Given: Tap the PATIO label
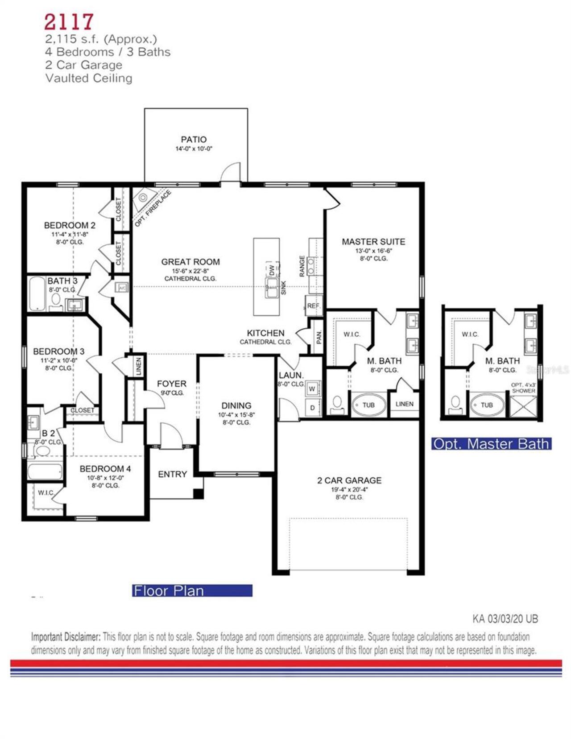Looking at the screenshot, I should click(x=194, y=140).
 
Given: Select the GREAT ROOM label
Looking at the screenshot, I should click(x=190, y=262).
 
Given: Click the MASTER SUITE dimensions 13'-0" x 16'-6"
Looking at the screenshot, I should click(x=373, y=251).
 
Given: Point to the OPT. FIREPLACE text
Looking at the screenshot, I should click(x=153, y=208).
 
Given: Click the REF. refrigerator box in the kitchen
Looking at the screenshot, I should click(x=313, y=306).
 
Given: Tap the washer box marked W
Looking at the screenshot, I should click(x=312, y=389).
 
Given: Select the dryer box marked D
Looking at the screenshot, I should click(x=312, y=408).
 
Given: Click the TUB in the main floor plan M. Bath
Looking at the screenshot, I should click(x=368, y=405).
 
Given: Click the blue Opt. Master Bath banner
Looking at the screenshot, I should click(x=491, y=444).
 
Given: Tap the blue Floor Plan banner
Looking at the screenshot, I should click(x=192, y=590).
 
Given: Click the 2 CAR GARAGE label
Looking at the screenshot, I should click(x=349, y=480).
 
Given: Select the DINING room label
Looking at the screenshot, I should click(x=236, y=405).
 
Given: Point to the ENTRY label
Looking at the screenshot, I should click(x=172, y=474).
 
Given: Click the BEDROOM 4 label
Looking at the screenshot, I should click(x=105, y=469).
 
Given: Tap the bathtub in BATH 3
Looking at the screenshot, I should click(x=37, y=294).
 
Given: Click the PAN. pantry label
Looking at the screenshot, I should click(x=319, y=337).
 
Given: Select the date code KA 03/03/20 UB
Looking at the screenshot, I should click(x=505, y=619).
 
